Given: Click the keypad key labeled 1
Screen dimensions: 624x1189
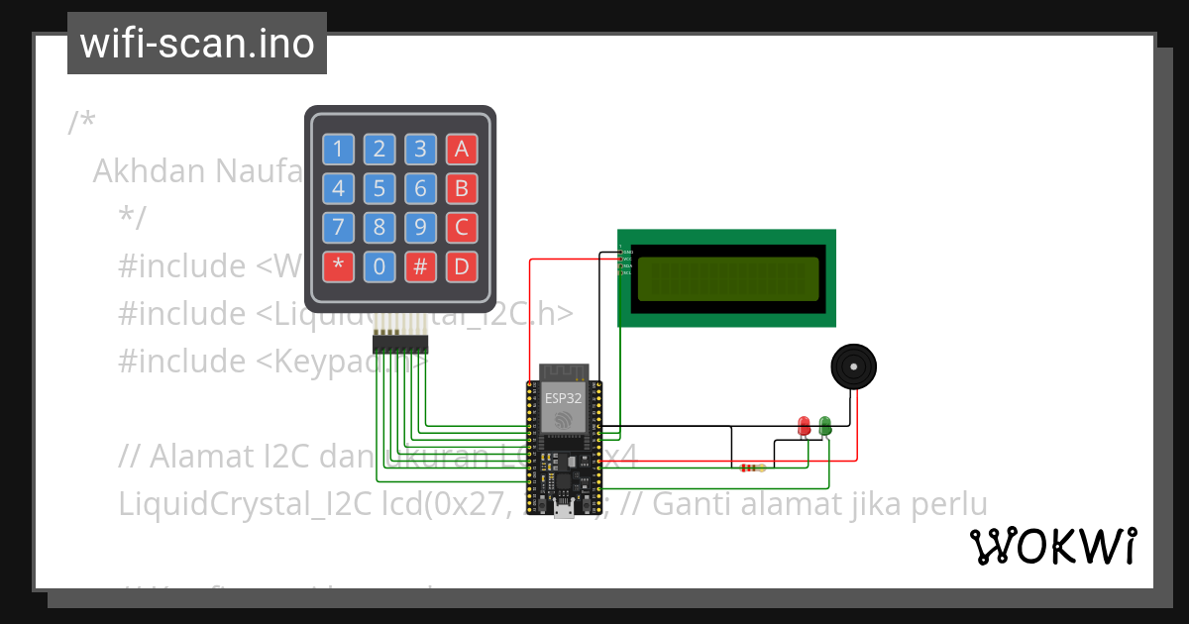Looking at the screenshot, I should point(338,150).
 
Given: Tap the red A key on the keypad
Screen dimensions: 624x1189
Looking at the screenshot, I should point(461,150).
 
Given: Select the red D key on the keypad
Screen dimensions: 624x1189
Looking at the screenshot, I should point(461,265).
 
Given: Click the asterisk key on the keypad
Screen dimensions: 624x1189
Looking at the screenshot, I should point(338,265).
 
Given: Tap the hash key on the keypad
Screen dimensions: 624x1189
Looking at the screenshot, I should point(420,265).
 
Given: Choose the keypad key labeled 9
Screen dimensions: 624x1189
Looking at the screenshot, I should point(420,227).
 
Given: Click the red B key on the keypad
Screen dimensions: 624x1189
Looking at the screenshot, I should point(461,188).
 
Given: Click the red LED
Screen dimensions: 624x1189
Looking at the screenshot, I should point(805,426).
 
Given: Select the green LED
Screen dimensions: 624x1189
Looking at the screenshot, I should point(825,426).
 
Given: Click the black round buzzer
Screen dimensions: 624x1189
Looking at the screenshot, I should point(853,367).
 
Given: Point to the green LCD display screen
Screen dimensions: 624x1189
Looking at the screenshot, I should point(727,278).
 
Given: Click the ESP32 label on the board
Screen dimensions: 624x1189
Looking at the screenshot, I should point(563,398).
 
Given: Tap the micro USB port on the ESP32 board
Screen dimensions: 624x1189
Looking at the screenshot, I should point(564,511).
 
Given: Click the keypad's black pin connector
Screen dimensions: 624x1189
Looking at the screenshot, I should point(399,344).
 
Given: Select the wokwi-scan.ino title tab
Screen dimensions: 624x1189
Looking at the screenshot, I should point(197,44).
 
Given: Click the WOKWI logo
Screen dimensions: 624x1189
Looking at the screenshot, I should point(1052,546).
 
